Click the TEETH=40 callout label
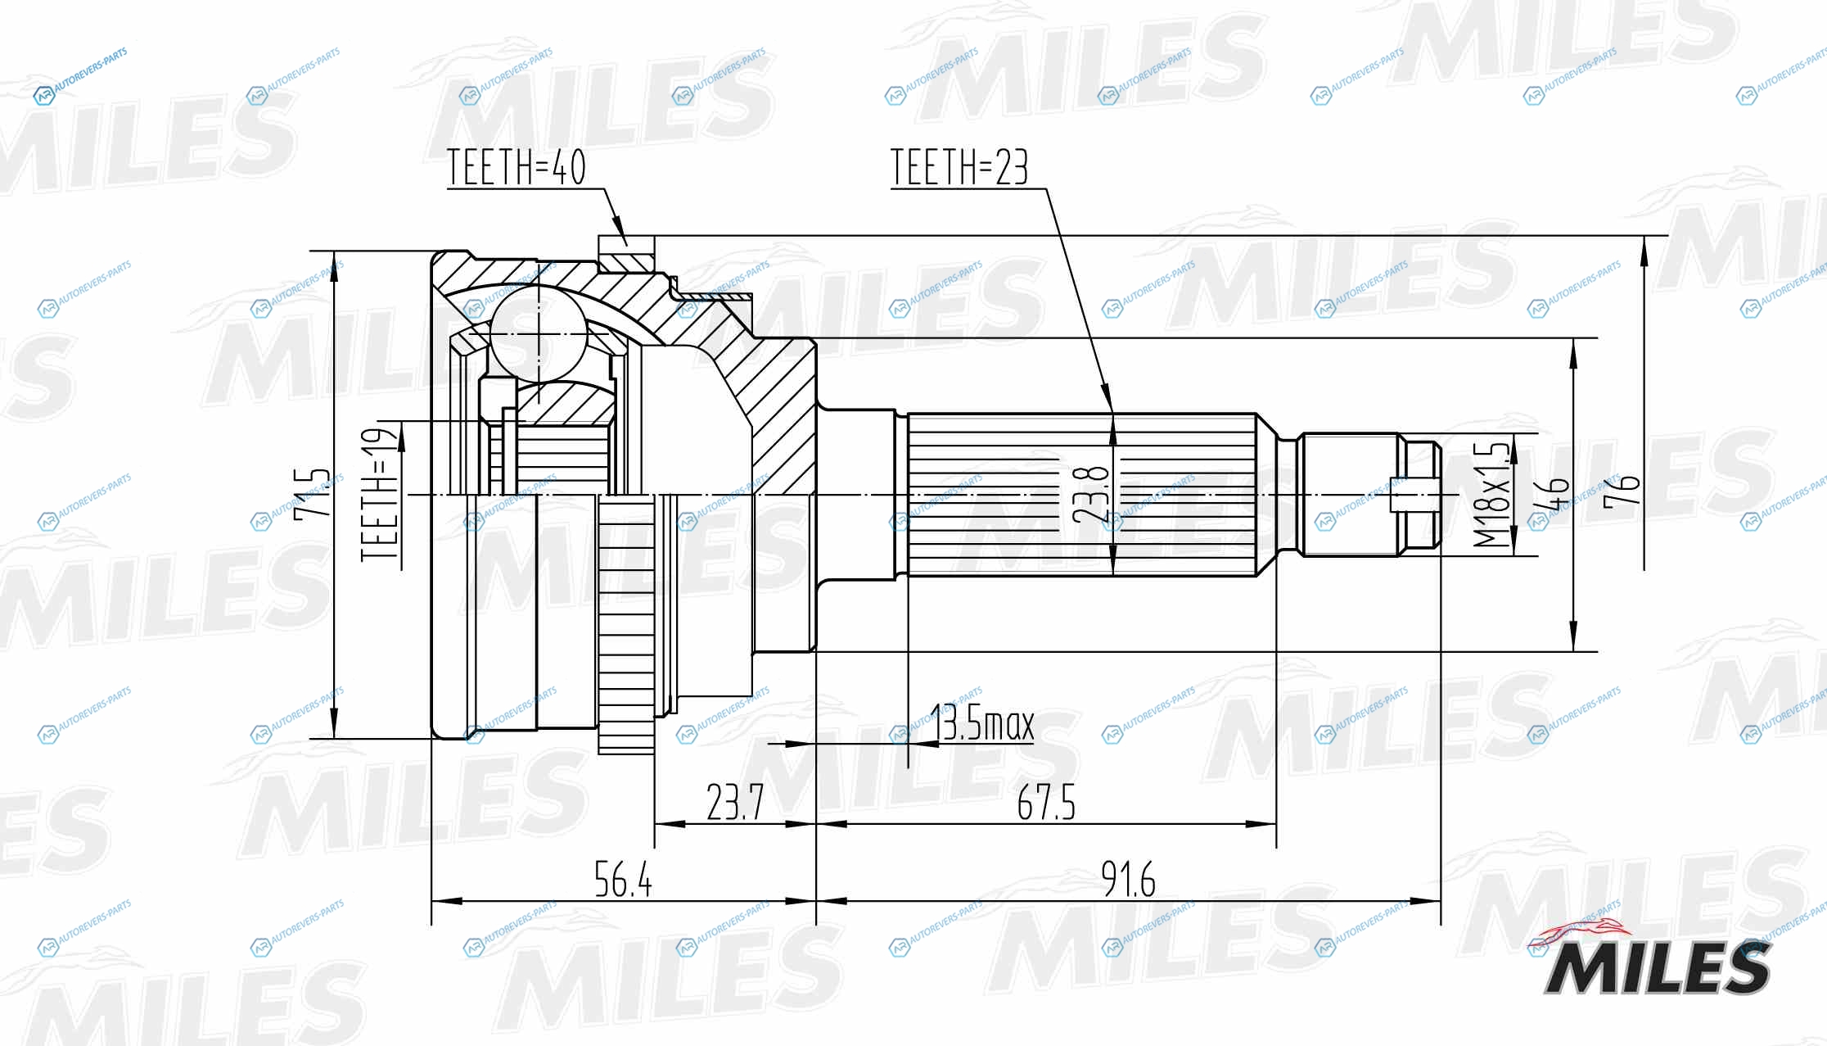click(x=517, y=167)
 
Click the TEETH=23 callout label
click(x=959, y=167)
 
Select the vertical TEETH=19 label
click(x=380, y=494)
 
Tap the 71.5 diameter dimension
click(x=312, y=492)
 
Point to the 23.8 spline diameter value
click(x=1091, y=495)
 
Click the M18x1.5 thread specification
click(x=1491, y=495)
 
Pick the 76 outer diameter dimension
click(x=1622, y=491)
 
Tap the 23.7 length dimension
click(x=735, y=802)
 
